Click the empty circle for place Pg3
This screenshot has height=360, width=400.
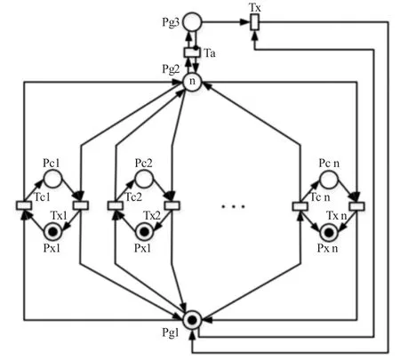pyautogui.click(x=192, y=22)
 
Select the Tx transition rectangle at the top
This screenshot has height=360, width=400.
pyautogui.click(x=254, y=22)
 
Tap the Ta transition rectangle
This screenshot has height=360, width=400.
pyautogui.click(x=192, y=52)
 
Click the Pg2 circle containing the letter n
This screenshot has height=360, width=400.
pyautogui.click(x=192, y=82)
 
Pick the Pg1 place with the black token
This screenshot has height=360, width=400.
pyautogui.click(x=192, y=320)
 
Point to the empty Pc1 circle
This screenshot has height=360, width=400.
pyautogui.click(x=52, y=179)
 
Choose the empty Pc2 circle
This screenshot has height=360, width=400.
pyautogui.click(x=144, y=179)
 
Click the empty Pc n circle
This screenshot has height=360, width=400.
pyautogui.click(x=329, y=179)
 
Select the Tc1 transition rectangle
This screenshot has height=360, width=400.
pyautogui.click(x=24, y=205)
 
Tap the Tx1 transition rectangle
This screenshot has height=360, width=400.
pyautogui.click(x=81, y=205)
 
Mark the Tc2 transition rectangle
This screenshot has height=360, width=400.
pyautogui.click(x=115, y=205)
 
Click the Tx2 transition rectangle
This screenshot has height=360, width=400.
pyautogui.click(x=172, y=205)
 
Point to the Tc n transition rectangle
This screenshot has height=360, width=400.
pyautogui.click(x=300, y=205)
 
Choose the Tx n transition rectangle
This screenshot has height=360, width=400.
pyautogui.click(x=356, y=205)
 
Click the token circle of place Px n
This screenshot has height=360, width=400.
pyautogui.click(x=329, y=233)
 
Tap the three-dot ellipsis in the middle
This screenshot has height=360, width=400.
pyautogui.click(x=234, y=206)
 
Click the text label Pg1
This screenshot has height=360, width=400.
pyautogui.click(x=171, y=332)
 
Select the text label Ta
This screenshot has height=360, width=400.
pyautogui.click(x=210, y=53)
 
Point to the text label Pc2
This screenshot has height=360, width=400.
pyautogui.click(x=144, y=163)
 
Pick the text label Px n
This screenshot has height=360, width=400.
pyautogui.click(x=327, y=248)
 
